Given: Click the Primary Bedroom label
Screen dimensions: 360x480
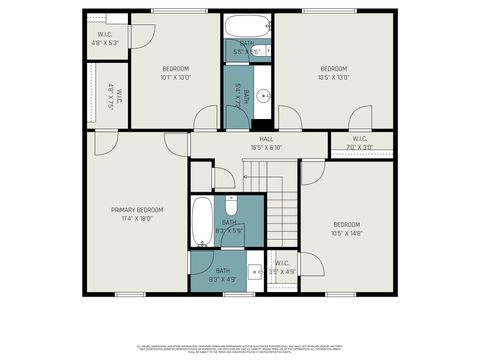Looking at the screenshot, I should [x=137, y=209].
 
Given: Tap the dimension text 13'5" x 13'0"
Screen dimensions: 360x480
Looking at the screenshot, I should [x=333, y=77].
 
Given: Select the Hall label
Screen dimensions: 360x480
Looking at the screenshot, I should [x=267, y=139].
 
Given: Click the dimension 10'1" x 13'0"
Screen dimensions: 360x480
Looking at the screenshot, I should [x=175, y=77].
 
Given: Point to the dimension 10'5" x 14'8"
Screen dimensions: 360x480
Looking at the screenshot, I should [x=347, y=232].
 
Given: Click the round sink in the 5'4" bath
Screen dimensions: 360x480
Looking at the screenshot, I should [x=263, y=97].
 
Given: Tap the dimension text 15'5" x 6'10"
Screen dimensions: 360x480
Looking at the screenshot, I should [x=267, y=147].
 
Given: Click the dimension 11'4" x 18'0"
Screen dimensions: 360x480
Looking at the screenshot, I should [x=137, y=217].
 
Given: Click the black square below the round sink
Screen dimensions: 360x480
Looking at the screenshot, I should [x=263, y=124].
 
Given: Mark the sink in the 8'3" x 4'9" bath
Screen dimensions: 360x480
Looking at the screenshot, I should [x=254, y=270].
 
